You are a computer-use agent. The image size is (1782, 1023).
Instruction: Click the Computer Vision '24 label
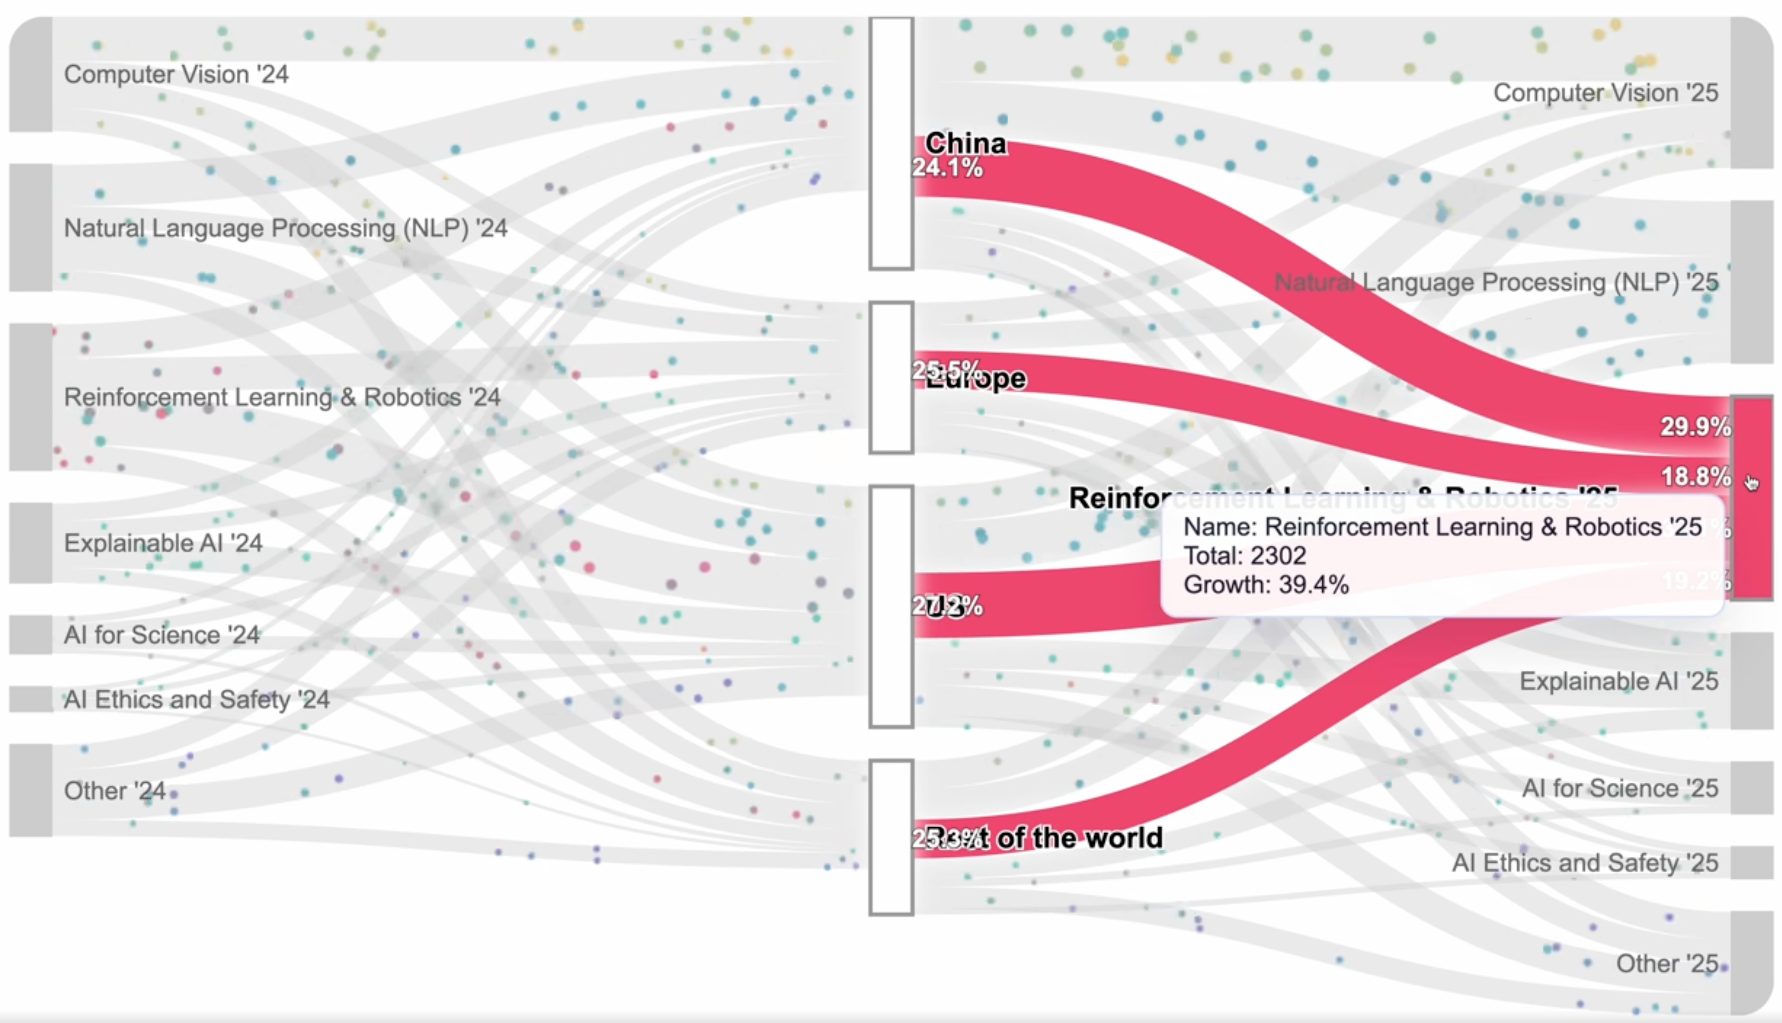coord(176,74)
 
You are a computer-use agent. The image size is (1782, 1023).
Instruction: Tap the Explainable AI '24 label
coord(163,543)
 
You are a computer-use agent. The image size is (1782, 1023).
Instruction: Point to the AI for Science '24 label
coord(162,635)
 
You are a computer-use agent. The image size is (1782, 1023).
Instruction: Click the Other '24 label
coord(115,791)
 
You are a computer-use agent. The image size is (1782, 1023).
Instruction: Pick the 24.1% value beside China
coord(947,168)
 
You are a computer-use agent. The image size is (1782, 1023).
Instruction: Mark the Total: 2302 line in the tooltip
coord(1244,556)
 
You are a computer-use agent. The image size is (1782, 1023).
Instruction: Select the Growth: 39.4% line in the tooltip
coord(1266,585)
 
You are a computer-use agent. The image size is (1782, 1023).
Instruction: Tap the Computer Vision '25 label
coord(1606,93)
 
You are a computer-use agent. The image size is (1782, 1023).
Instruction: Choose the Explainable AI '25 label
coord(1618,681)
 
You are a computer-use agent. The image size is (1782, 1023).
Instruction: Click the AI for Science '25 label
coord(1620,788)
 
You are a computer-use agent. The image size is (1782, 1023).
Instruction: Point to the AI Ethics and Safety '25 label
coord(1585,863)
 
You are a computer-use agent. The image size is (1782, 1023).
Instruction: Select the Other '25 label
coord(1667,963)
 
